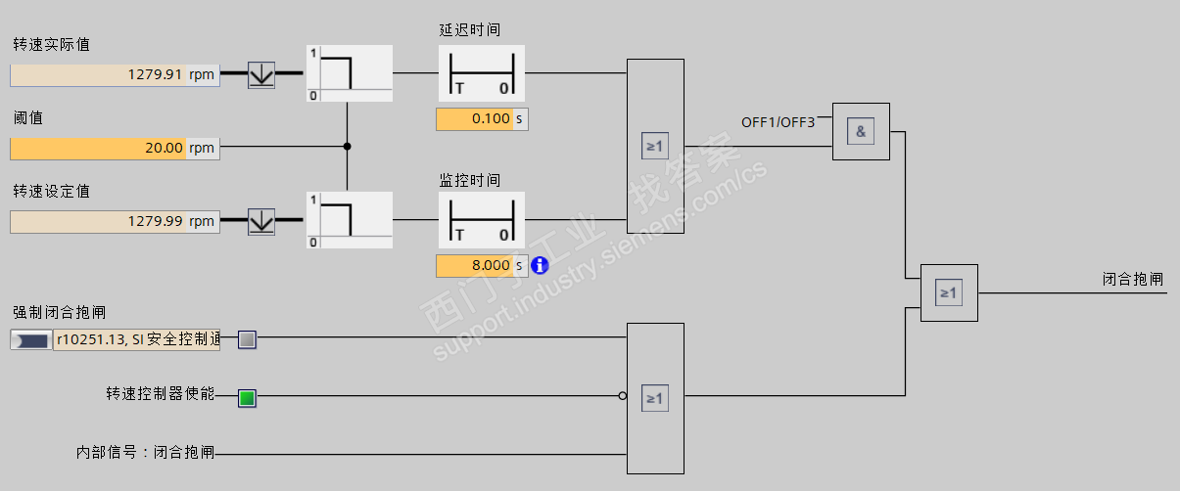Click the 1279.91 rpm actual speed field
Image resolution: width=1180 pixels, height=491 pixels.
coord(115,74)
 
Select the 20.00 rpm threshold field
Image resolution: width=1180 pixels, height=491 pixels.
coord(115,149)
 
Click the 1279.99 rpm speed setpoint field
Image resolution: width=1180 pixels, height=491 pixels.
coord(115,221)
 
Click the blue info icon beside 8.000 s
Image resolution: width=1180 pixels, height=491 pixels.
coord(540,265)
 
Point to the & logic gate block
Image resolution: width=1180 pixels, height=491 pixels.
coord(861,131)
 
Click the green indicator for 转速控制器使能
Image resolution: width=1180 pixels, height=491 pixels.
coord(247,397)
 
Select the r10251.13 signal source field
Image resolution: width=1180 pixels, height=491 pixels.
coord(136,339)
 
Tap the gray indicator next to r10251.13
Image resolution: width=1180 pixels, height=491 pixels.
coord(247,339)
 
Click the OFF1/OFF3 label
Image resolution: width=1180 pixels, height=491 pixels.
coord(778,122)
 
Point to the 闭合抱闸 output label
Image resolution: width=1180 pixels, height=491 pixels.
coord(1132,280)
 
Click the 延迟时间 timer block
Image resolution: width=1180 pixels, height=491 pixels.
coord(481,73)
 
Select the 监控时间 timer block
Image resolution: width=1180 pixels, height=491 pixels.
coord(481,220)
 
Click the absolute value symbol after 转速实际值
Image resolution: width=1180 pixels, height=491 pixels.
coord(261,74)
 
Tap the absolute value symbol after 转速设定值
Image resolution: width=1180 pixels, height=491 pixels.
coord(261,221)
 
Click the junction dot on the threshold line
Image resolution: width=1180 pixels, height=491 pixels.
coord(348,147)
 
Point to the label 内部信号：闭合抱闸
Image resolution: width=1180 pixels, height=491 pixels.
coord(145,454)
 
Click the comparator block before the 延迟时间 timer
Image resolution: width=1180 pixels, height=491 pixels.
coord(349,73)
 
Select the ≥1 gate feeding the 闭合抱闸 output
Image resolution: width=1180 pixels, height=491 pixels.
coord(948,292)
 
